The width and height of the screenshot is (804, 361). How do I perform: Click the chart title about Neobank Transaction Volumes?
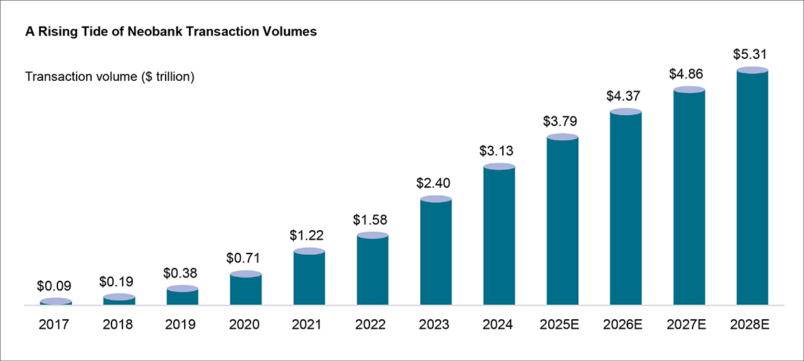170,32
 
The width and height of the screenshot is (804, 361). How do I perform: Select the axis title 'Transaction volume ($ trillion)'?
110,77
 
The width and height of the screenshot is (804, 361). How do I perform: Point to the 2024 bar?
499,236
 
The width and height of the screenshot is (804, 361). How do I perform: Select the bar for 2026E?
625,208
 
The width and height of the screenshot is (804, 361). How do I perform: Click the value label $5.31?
752,53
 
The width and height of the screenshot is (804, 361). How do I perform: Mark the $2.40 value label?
436,183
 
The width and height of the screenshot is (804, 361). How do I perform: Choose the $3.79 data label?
562,121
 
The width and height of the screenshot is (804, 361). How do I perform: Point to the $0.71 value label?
246,258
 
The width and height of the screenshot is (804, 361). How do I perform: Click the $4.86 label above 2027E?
689,73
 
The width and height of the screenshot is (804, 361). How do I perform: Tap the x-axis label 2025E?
562,325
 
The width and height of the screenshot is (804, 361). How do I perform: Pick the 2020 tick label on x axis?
246,325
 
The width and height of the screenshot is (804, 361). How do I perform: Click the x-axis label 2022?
372,325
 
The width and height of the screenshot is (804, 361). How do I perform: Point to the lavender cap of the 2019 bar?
183,289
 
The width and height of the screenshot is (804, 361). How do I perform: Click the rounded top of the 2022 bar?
372,236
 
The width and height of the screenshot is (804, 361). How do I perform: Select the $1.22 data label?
309,235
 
